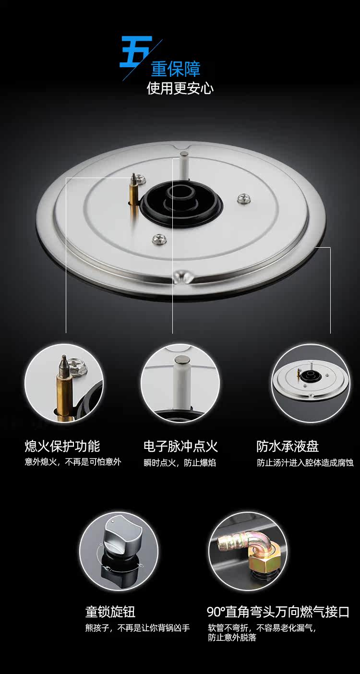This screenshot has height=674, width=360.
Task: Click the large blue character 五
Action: click(x=136, y=52)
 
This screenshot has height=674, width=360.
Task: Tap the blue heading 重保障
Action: click(x=176, y=69)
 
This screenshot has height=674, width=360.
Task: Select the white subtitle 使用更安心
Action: click(x=180, y=88)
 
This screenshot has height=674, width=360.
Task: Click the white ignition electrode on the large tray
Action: click(x=183, y=166)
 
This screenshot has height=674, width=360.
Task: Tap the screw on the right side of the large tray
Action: click(x=244, y=198)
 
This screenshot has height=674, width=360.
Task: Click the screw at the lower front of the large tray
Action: click(x=158, y=239)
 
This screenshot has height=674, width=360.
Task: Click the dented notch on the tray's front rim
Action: click(x=183, y=276)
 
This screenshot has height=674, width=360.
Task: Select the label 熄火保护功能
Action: click(x=62, y=446)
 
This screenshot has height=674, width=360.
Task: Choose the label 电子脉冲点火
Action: click(x=181, y=446)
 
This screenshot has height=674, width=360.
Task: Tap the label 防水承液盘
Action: click(x=288, y=446)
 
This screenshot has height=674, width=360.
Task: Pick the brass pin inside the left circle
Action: click(x=64, y=388)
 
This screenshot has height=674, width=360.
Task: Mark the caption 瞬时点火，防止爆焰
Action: click(x=180, y=462)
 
